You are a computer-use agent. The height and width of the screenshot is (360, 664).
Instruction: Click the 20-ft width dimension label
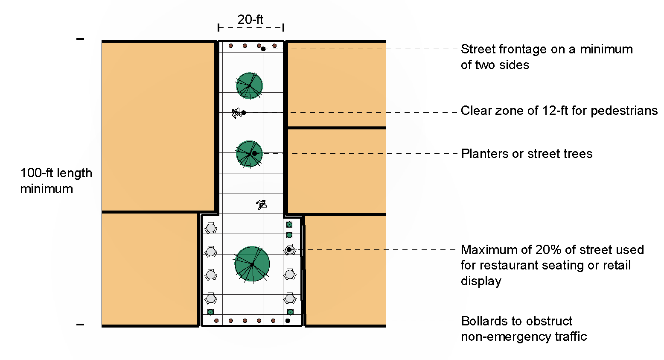point(250,20)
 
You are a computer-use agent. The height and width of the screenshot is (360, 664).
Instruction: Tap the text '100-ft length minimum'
point(56,181)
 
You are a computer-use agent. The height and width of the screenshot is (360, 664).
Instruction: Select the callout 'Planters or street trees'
point(527,154)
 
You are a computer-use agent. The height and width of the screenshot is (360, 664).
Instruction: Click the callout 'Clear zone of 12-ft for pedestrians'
point(559,111)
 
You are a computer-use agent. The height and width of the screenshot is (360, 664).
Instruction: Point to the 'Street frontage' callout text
point(547,57)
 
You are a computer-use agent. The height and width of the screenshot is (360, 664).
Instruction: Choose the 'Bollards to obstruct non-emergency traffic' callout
point(524,329)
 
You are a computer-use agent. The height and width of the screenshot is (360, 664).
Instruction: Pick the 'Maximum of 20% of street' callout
point(552,265)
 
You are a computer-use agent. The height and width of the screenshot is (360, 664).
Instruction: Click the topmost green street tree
point(249,86)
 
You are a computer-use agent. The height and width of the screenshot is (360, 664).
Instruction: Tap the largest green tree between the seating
point(252,264)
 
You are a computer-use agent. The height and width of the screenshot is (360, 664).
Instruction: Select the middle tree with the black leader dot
point(249,154)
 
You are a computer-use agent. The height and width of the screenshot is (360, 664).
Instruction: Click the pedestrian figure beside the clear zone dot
point(236,113)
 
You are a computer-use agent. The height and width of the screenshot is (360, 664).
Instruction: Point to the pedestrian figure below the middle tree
point(262,205)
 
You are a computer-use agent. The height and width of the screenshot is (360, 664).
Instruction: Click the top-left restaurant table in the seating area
point(211,228)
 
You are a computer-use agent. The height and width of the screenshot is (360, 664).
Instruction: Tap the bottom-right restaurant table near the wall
point(290,299)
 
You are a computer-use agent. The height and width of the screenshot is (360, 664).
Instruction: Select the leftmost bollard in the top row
point(230,46)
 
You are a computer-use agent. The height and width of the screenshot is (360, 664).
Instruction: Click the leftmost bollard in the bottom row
point(216,321)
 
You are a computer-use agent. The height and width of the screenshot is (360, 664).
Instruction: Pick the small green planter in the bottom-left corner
point(210,312)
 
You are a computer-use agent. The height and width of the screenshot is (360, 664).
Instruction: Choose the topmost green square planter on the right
point(289,225)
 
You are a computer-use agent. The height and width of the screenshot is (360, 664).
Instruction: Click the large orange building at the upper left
point(158,126)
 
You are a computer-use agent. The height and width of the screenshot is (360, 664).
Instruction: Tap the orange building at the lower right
point(346,270)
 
